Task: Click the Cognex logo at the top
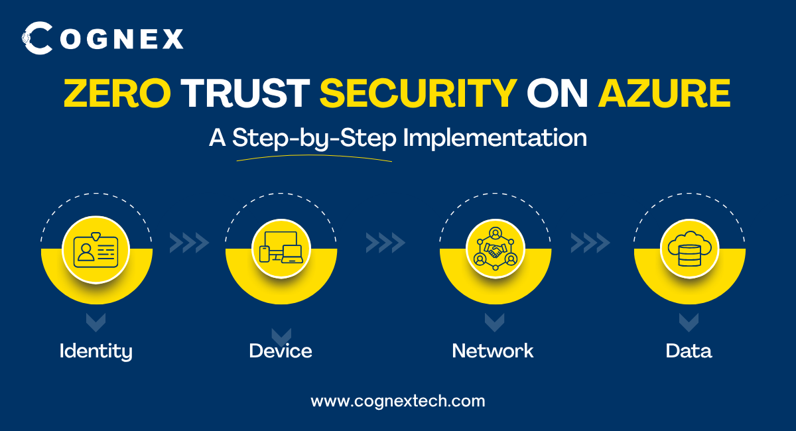(x=103, y=38)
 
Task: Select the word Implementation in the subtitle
(x=495, y=138)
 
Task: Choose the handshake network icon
(x=495, y=249)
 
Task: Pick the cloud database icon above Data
(x=689, y=249)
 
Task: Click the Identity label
(x=96, y=350)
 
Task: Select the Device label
(x=281, y=350)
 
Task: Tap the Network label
(x=493, y=350)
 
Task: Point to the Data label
(x=689, y=350)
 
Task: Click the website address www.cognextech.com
(x=398, y=400)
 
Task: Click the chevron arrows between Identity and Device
(x=189, y=243)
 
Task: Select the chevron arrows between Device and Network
(x=385, y=243)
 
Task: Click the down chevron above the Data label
(x=689, y=323)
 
